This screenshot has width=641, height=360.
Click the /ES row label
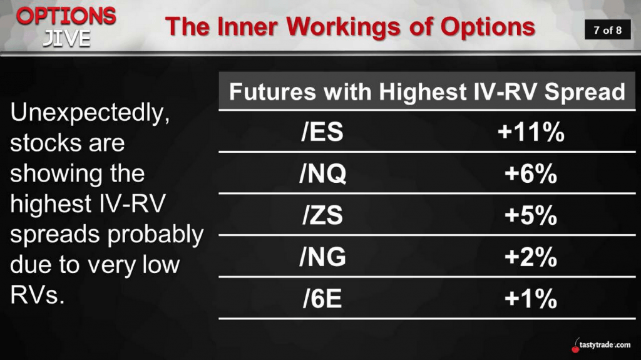point(322,131)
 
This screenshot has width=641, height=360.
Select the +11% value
point(531,132)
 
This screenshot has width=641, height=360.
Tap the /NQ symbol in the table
point(322,173)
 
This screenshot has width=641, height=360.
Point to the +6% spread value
point(531,173)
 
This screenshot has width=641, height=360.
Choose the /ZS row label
point(322,215)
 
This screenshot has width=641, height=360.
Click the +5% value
point(531,215)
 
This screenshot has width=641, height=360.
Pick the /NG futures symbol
point(322,257)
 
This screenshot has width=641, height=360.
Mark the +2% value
point(531,257)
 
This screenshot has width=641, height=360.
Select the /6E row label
point(322,299)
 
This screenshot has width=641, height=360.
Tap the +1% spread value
point(531,299)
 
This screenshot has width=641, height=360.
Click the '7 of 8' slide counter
point(607,30)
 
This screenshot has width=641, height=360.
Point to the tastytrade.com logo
point(601,345)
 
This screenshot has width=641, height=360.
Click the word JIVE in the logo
point(66,38)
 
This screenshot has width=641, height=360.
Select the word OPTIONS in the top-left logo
point(66,16)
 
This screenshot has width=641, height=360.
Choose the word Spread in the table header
point(585,92)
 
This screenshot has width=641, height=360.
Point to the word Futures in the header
point(272,91)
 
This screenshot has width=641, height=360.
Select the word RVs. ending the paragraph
point(37,294)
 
